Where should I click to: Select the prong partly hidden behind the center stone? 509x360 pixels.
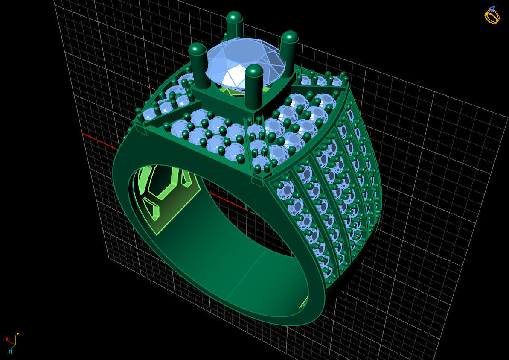pyautogui.click(x=234, y=26)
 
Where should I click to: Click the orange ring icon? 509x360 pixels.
pyautogui.click(x=492, y=16)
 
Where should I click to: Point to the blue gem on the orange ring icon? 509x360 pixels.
pyautogui.click(x=492, y=8)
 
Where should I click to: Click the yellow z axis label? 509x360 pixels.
pyautogui.click(x=18, y=334)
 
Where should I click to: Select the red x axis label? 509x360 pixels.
pyautogui.click(x=7, y=339)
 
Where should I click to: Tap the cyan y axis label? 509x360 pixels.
pyautogui.click(x=10, y=351)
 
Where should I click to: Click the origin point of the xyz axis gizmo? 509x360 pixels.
pyautogui.click(x=15, y=344)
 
